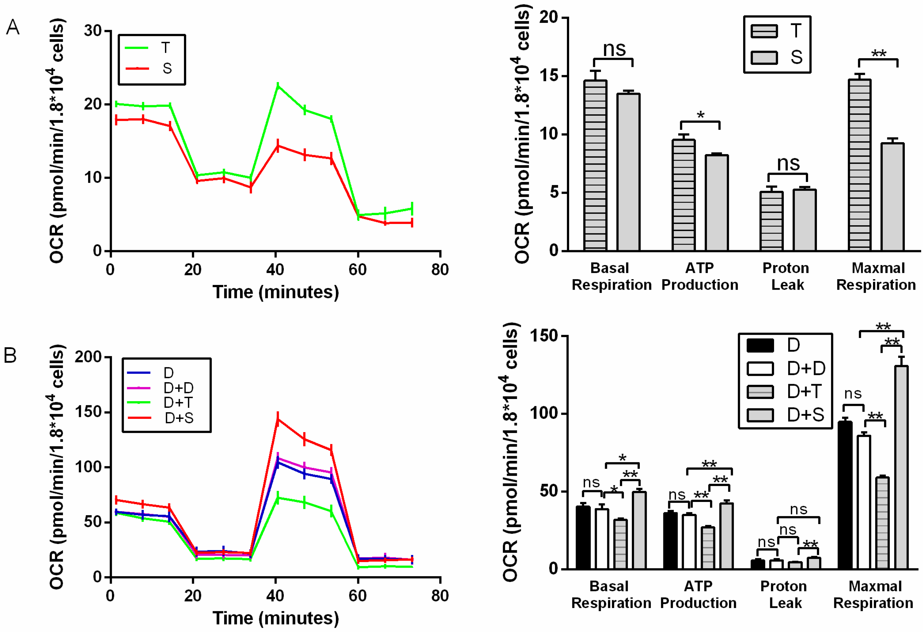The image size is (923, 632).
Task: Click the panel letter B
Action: coord(10,355)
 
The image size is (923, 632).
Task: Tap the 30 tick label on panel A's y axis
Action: coord(92,31)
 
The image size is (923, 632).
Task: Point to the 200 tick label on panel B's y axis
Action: coord(88,357)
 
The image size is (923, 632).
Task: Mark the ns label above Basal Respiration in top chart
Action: coord(614,49)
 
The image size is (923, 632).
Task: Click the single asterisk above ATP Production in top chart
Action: coord(701,115)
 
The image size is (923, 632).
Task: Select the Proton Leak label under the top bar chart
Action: coord(786,276)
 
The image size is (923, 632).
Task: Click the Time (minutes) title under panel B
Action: coord(276,618)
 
